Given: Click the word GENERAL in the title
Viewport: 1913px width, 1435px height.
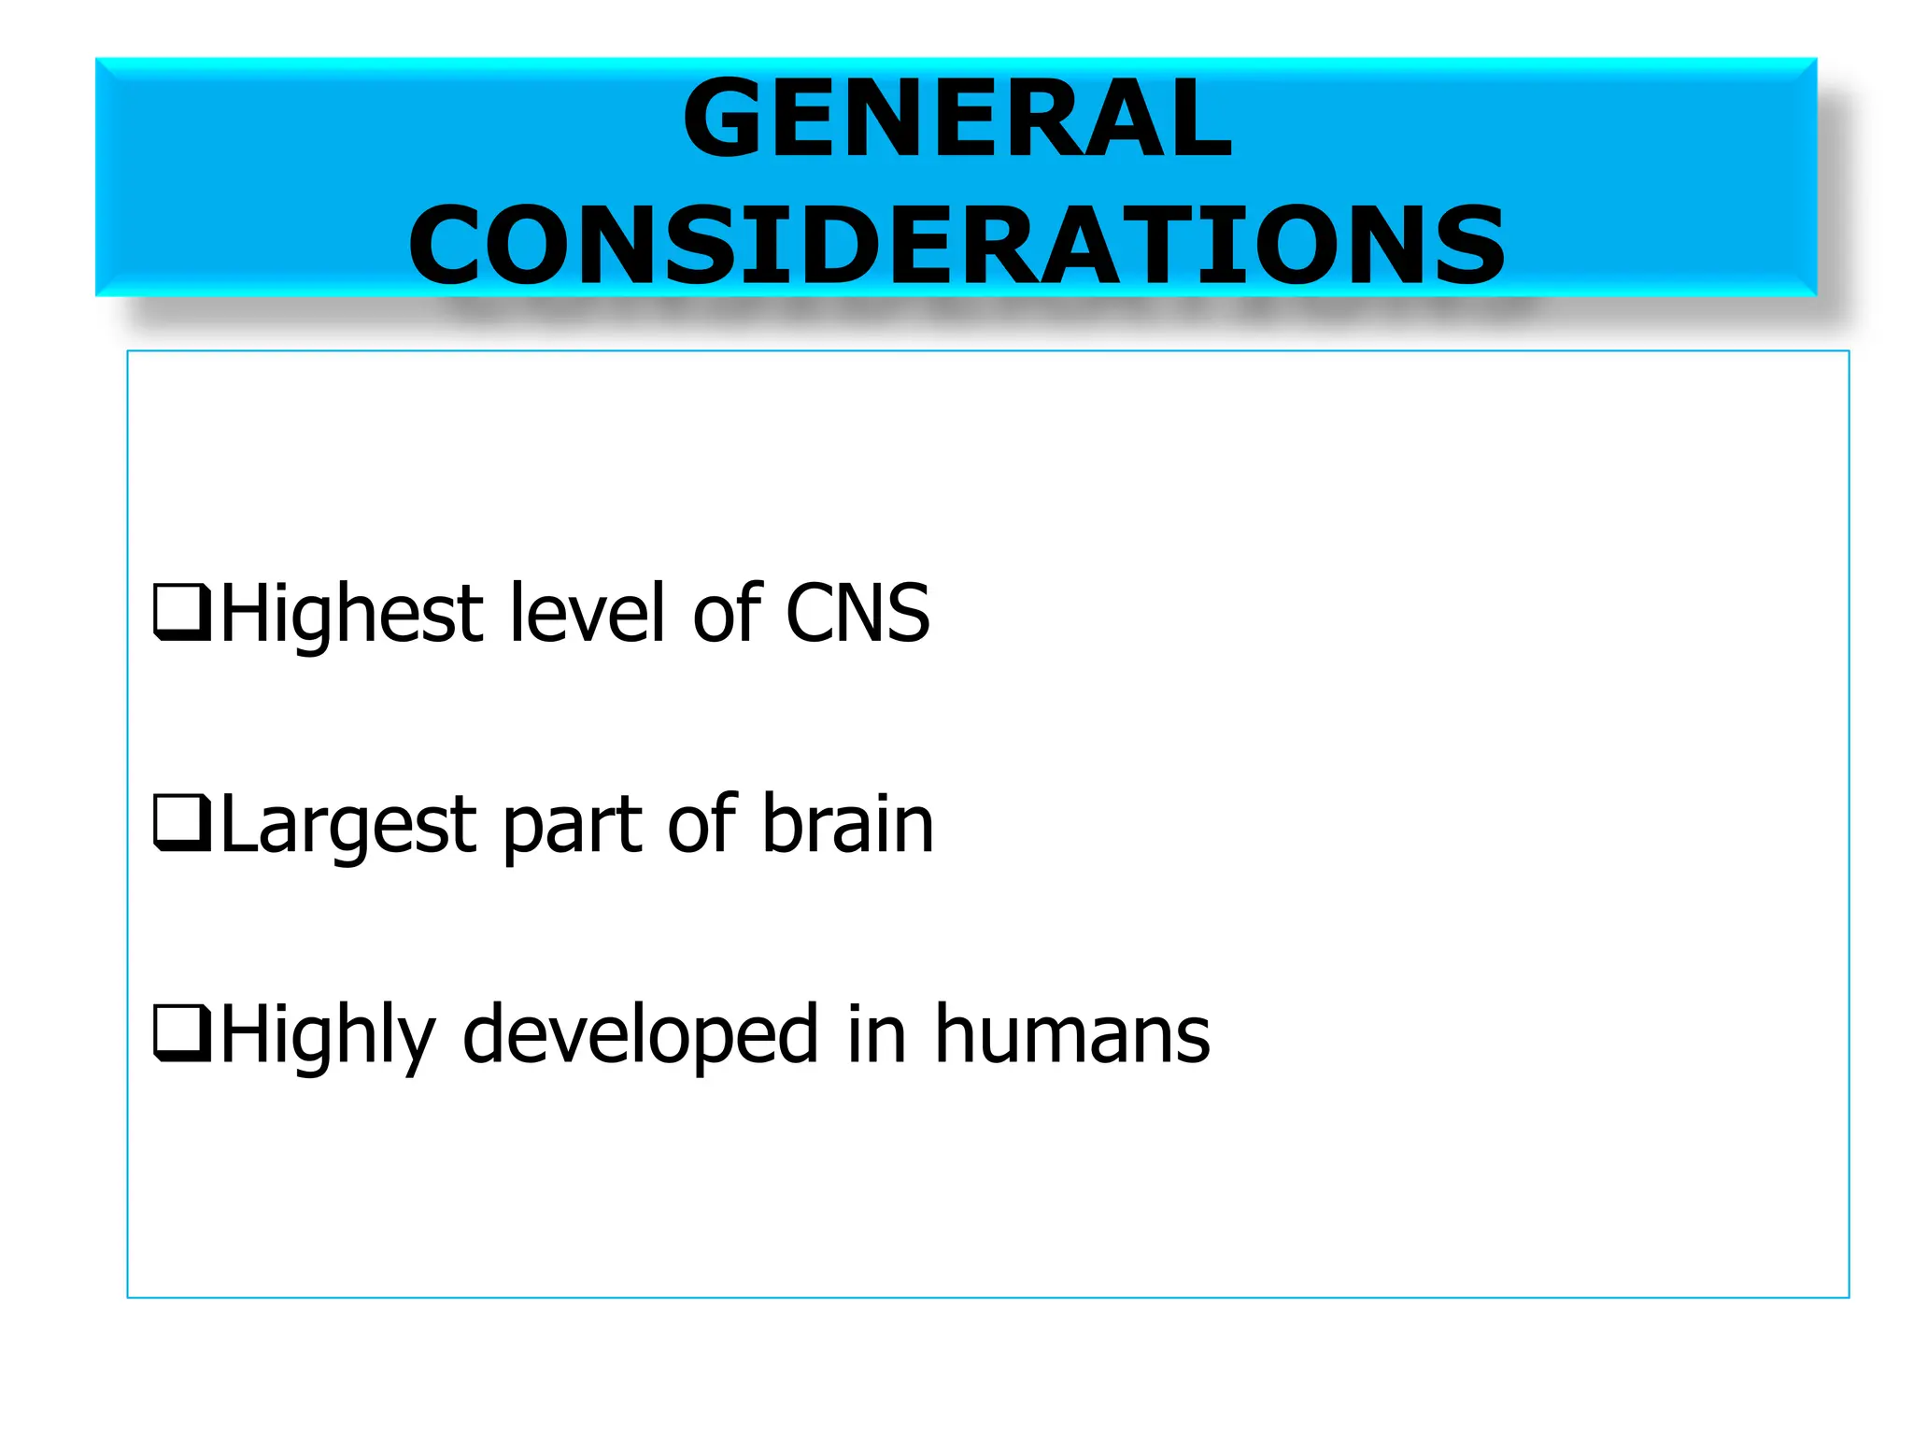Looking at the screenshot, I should [957, 119].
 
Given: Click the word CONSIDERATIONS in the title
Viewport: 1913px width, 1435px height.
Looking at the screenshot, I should [957, 246].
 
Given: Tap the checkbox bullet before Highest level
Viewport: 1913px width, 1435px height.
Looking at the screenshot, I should [181, 612].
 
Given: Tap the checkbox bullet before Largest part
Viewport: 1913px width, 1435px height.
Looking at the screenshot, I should [181, 822].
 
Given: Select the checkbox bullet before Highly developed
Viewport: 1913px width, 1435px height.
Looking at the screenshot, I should [181, 1032].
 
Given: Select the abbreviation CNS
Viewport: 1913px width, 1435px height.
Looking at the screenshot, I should [857, 614].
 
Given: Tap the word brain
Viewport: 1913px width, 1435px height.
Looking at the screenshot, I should [847, 823].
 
